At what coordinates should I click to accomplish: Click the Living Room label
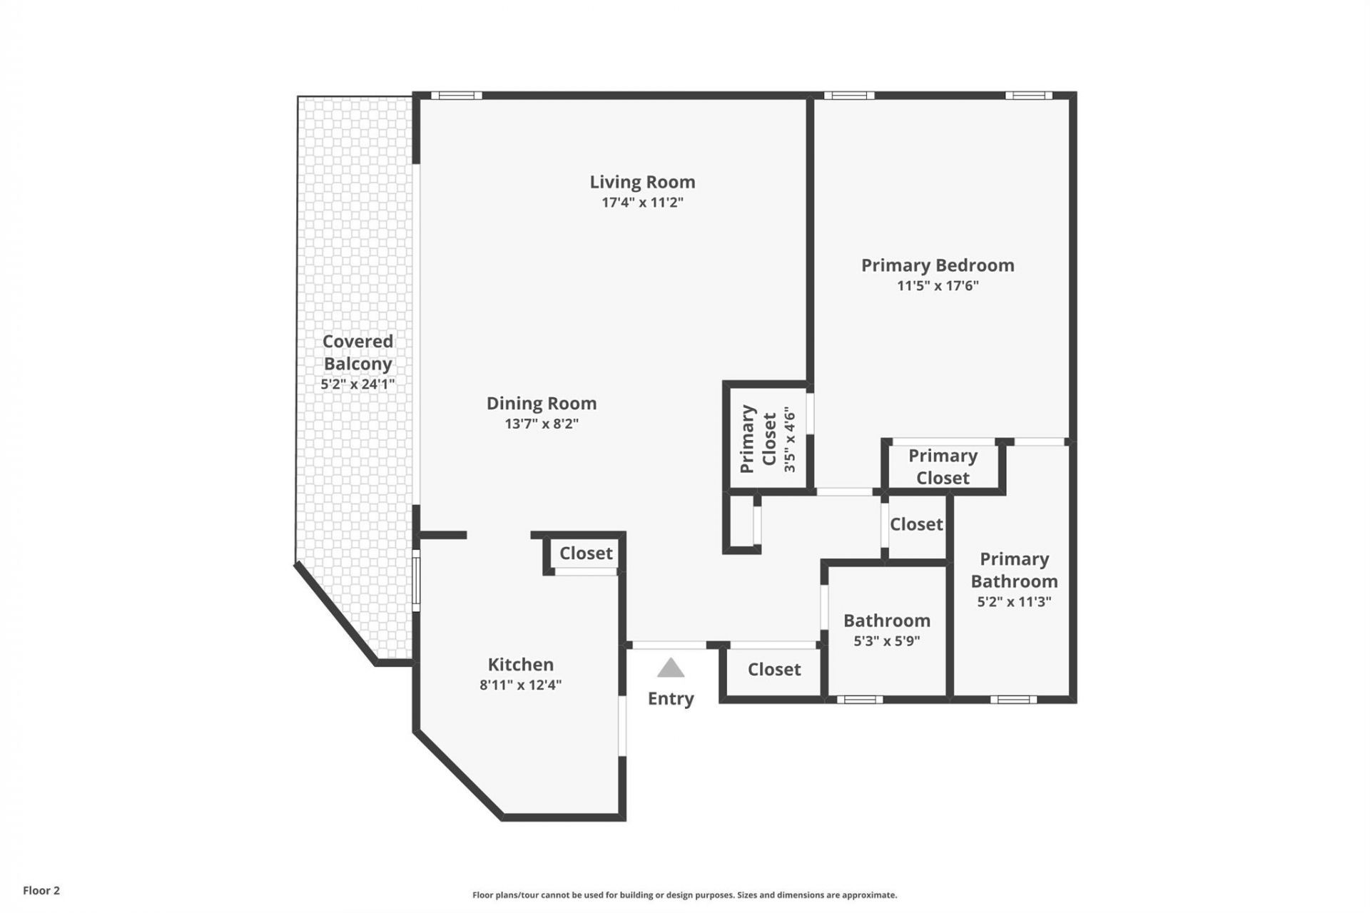642,182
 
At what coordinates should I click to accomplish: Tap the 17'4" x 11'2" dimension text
642,203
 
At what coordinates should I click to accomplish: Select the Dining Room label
542,404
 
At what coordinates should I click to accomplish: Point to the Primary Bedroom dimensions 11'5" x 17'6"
938,286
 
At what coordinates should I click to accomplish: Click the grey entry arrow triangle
671,669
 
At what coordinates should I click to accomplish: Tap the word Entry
671,698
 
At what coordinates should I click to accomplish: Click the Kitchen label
520,665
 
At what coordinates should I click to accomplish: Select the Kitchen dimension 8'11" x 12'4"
520,685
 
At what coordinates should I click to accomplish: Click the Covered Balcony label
357,352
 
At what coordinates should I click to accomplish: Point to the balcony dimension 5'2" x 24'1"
357,384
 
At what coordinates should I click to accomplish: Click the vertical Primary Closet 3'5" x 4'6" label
768,439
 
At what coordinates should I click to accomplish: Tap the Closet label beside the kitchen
586,554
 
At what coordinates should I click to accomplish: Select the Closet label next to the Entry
774,670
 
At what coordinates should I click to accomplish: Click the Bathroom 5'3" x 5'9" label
887,629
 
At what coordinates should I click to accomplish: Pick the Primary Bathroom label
1014,570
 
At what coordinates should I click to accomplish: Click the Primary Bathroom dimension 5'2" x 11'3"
1014,602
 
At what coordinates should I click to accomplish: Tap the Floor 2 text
41,890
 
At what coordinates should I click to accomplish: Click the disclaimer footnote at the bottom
684,895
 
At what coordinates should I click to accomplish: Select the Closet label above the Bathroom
916,524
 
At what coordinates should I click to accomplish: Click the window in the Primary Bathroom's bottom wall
1013,700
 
